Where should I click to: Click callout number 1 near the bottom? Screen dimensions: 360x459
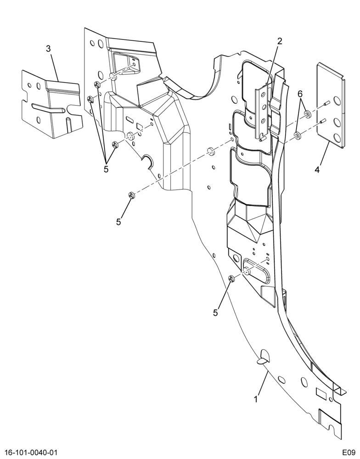click(256, 399)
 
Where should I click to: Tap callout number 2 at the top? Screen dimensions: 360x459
click(280, 41)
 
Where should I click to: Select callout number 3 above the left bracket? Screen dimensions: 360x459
click(49, 49)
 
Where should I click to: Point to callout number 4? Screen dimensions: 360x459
click(317, 169)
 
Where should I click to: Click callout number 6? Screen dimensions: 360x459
click(300, 94)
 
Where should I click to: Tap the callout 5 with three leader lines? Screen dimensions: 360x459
click(106, 169)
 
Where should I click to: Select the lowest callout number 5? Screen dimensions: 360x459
click(215, 313)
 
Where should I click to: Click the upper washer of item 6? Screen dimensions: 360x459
click(307, 113)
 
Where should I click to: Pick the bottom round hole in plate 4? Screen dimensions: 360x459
click(337, 138)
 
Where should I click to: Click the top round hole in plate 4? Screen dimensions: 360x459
click(337, 101)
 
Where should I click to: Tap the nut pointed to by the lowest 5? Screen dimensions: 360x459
click(231, 279)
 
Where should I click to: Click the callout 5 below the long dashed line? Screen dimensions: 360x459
click(118, 222)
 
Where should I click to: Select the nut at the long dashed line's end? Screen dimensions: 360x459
click(131, 195)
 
